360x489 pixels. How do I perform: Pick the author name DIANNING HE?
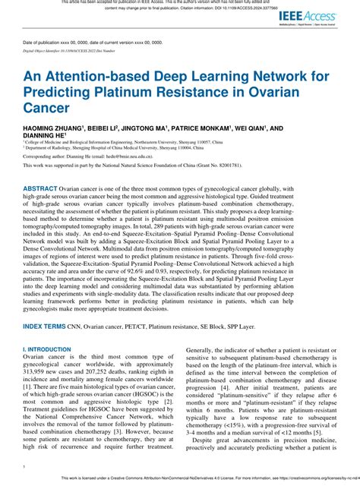[x=45, y=139]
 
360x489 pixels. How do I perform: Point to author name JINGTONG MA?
[x=163, y=130]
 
